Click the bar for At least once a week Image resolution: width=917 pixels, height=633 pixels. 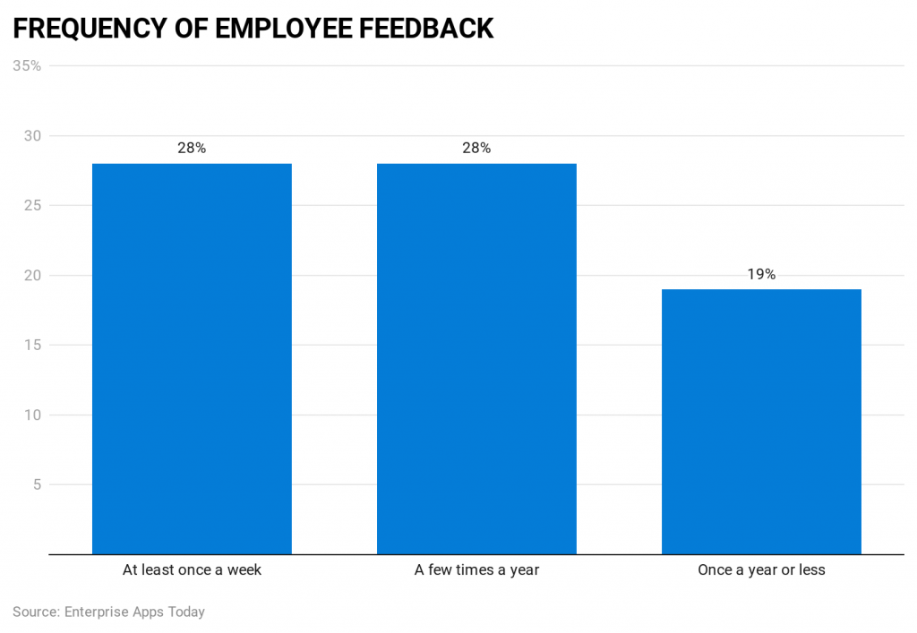(x=192, y=358)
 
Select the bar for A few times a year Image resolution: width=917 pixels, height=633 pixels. (x=476, y=358)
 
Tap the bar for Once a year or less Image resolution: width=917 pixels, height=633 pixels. (x=761, y=421)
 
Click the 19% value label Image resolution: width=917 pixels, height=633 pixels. (x=761, y=275)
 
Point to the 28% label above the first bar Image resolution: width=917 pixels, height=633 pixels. (x=192, y=149)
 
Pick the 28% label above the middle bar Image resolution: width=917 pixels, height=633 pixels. (x=476, y=149)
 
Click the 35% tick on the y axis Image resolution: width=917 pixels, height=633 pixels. (x=27, y=65)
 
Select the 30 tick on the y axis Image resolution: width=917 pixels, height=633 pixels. (x=32, y=135)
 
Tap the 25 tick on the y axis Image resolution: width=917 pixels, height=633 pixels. (x=32, y=205)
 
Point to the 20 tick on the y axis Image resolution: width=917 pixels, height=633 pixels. (x=32, y=275)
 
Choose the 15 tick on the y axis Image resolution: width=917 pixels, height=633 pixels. (x=32, y=345)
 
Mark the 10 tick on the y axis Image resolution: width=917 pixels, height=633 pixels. (x=32, y=415)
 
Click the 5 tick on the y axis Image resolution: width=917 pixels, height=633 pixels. (x=37, y=484)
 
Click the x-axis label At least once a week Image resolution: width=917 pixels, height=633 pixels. (x=192, y=569)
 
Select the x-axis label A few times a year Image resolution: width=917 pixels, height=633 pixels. (x=476, y=569)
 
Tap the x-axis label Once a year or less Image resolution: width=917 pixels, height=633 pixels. (x=761, y=569)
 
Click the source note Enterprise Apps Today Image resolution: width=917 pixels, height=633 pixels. (x=134, y=612)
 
